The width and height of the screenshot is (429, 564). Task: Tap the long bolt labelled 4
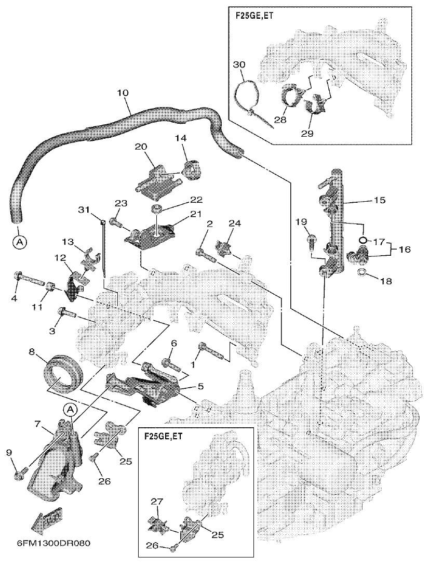click(31, 282)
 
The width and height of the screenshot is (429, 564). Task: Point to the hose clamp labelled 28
click(293, 97)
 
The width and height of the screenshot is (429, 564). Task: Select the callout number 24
click(234, 224)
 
